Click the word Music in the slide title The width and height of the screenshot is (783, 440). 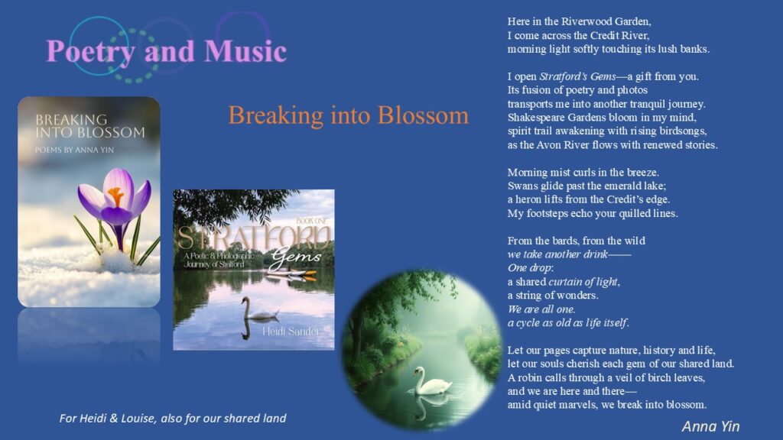pos(245,51)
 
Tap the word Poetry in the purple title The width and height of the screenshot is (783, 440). pos(90,52)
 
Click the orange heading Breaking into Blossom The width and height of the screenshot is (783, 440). pos(349,115)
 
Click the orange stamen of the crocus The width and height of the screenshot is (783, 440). pos(116,196)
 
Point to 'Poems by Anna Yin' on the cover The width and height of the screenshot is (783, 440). pos(74,150)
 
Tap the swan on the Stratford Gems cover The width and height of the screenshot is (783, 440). pos(258,309)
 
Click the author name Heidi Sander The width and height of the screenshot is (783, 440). pos(291,332)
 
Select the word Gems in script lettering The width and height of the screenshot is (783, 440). pos(296,257)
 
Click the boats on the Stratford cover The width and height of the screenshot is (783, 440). pos(291,273)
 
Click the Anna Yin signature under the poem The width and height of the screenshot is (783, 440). pos(710,426)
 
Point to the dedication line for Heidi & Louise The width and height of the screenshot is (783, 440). pos(173,418)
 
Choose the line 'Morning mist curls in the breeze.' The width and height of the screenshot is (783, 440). pos(583,172)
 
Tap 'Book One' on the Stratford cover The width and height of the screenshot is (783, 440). pos(312,221)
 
